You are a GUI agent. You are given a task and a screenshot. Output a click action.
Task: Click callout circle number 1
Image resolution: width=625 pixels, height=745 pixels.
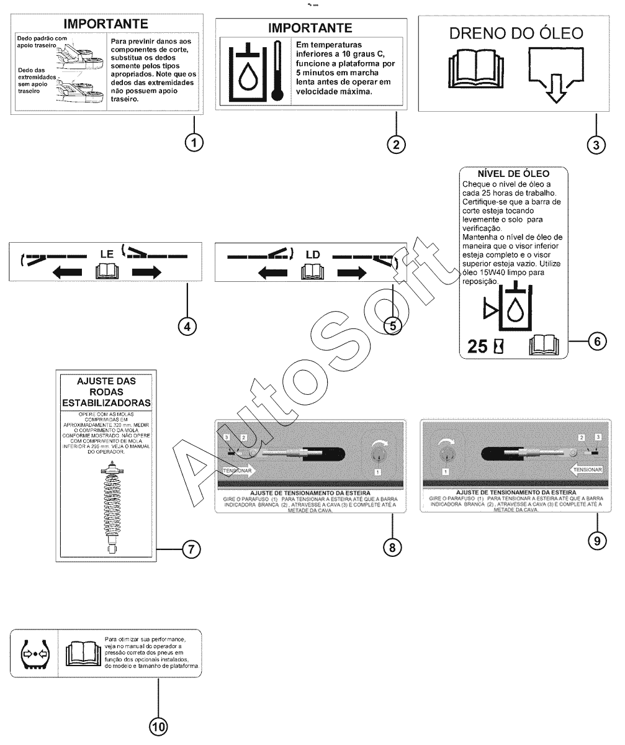(x=195, y=143)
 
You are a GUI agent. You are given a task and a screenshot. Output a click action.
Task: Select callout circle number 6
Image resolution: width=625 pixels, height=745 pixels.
(x=596, y=341)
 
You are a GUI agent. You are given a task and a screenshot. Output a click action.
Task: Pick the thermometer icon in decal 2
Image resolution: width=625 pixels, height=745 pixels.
(x=277, y=70)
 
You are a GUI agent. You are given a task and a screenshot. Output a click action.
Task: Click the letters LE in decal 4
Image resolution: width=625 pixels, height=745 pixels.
(x=107, y=254)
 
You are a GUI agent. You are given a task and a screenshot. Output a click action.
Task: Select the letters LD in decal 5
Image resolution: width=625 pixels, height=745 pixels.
(x=312, y=255)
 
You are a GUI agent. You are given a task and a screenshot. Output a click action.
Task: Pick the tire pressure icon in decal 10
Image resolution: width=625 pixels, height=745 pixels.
(x=35, y=653)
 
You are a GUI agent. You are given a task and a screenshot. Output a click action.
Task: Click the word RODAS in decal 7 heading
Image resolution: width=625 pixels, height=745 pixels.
(x=107, y=392)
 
